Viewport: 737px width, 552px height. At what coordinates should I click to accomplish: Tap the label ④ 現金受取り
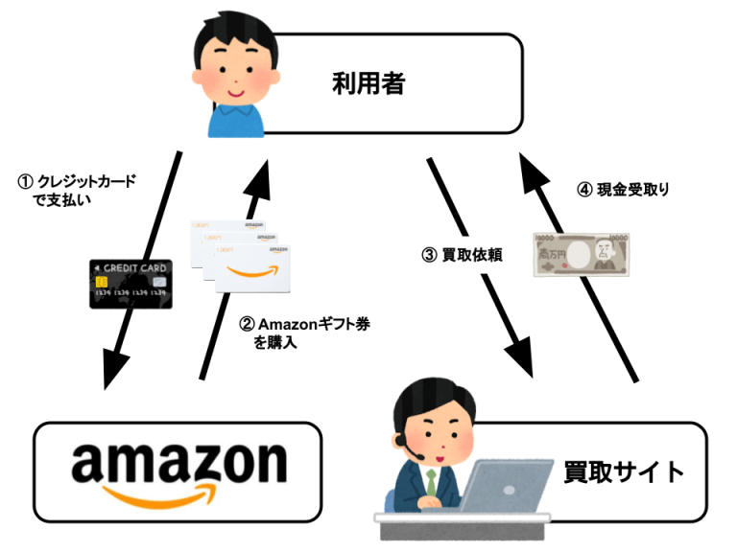tap(622, 189)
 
